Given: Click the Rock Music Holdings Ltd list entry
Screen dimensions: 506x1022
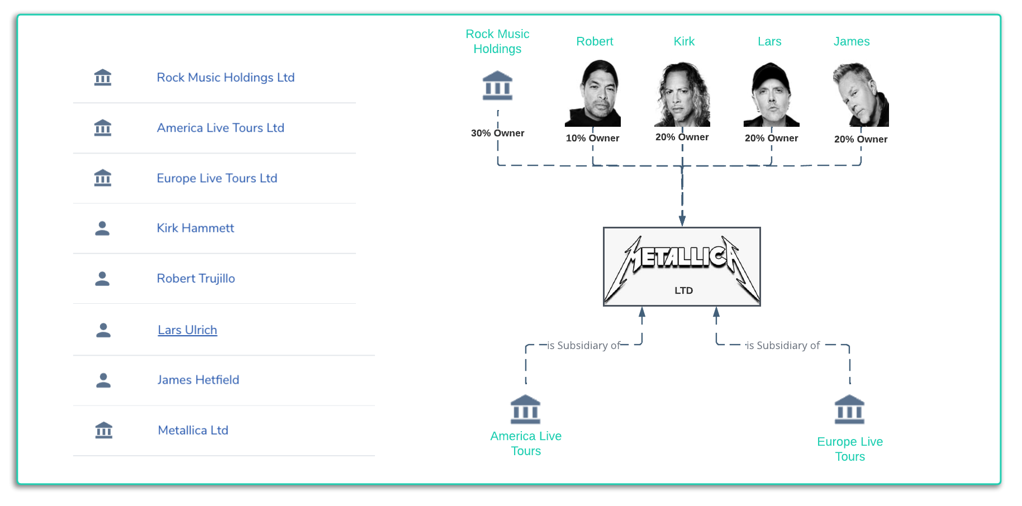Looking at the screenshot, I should pos(225,78).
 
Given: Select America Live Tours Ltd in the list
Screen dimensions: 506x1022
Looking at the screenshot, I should pos(220,128).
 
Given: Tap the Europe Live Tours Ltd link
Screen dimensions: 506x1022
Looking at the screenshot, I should pos(217,178).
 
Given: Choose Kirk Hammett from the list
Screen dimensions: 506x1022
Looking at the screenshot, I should pos(195,228).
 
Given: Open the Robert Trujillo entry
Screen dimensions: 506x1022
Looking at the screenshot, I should pos(196,278).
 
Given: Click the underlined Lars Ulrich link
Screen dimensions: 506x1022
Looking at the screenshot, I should pos(187,330).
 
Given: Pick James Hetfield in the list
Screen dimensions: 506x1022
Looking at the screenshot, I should pos(198,380).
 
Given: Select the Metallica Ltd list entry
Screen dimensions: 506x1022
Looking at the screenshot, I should pos(193,430).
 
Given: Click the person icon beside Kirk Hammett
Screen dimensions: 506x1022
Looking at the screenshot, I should pos(102,228).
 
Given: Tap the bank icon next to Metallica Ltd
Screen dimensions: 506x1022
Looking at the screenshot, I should pos(104,430).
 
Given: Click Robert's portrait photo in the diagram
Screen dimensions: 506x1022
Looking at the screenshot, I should pos(593,94).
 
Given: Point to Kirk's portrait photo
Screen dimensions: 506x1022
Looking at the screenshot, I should pos(682,94).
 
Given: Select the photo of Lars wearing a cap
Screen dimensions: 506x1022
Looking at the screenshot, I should pos(771,94).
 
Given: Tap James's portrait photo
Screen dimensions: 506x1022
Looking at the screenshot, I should pos(861,94).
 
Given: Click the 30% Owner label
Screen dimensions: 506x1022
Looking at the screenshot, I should pos(497,133).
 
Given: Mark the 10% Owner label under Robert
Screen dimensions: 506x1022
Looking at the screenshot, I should pos(592,138).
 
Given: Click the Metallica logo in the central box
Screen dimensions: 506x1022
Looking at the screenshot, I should pos(682,260).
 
